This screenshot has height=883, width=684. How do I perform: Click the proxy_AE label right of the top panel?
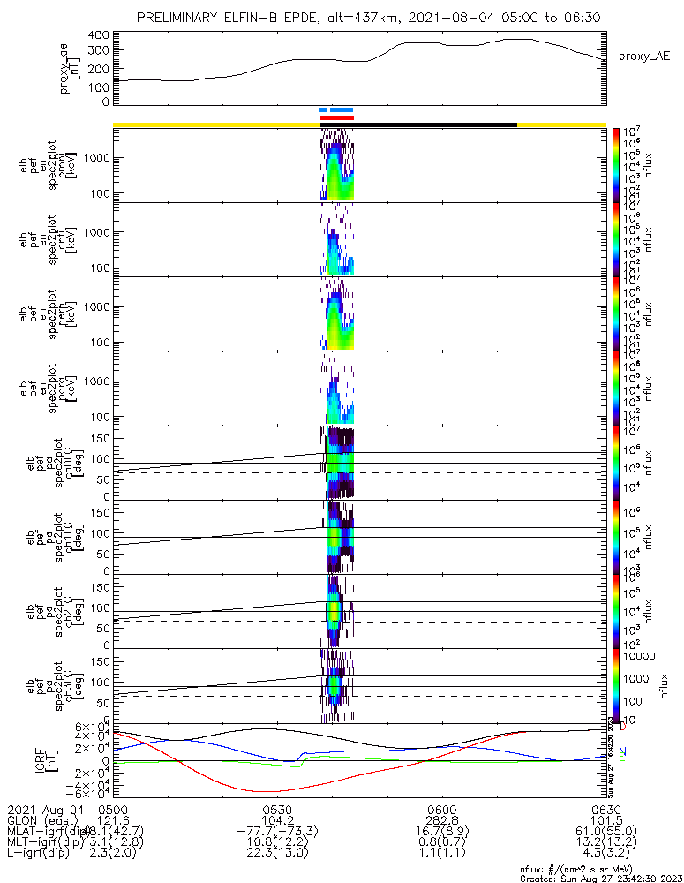coord(643,56)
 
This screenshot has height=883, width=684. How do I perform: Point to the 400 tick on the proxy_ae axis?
coord(99,35)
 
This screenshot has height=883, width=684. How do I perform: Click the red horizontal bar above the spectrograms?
coord(336,117)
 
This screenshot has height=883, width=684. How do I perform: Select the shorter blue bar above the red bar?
coord(323,110)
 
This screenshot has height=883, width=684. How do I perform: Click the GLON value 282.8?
coord(441,820)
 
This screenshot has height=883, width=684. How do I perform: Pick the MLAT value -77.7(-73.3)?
coord(277,832)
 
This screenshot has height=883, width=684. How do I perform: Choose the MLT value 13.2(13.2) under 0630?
coord(605,843)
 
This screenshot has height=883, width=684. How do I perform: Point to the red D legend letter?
coord(622,727)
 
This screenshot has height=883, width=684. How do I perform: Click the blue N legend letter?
coord(622,751)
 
